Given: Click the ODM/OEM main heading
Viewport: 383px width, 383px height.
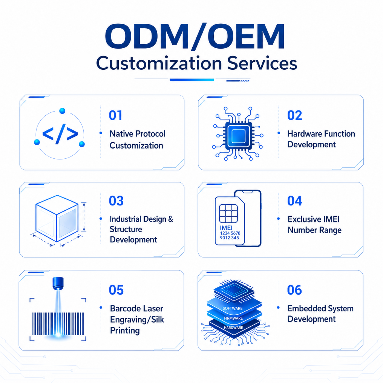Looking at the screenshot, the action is pyautogui.click(x=195, y=37).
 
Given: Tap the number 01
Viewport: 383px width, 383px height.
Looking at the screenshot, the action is pyautogui.click(x=115, y=115).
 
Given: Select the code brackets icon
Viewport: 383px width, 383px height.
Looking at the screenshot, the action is pyautogui.click(x=60, y=134).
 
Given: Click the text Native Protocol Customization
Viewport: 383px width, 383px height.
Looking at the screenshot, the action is pyautogui.click(x=137, y=139).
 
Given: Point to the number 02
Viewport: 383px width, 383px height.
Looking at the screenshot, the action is pyautogui.click(x=294, y=115).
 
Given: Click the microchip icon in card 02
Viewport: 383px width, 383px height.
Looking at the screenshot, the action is pyautogui.click(x=238, y=133).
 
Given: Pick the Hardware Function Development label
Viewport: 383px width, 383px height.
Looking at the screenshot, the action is pyautogui.click(x=321, y=139).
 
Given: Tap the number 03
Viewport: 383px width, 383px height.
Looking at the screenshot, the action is pyautogui.click(x=116, y=201).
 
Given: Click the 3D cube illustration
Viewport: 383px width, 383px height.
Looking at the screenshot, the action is pyautogui.click(x=57, y=218).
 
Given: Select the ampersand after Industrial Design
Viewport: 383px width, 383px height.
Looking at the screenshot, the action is pyautogui.click(x=170, y=219).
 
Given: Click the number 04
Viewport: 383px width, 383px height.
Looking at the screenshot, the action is pyautogui.click(x=294, y=201).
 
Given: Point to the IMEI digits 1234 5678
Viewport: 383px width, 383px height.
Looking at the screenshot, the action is pyautogui.click(x=230, y=233).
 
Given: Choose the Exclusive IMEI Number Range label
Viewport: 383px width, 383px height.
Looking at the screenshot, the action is pyautogui.click(x=314, y=224).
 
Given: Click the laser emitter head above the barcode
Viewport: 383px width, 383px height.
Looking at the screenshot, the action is pyautogui.click(x=58, y=283).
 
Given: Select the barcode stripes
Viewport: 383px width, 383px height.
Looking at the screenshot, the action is pyautogui.click(x=58, y=324).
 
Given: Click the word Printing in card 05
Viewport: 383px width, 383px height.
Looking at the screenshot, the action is pyautogui.click(x=125, y=331).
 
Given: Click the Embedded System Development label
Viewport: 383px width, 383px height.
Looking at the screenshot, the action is pyautogui.click(x=320, y=314).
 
